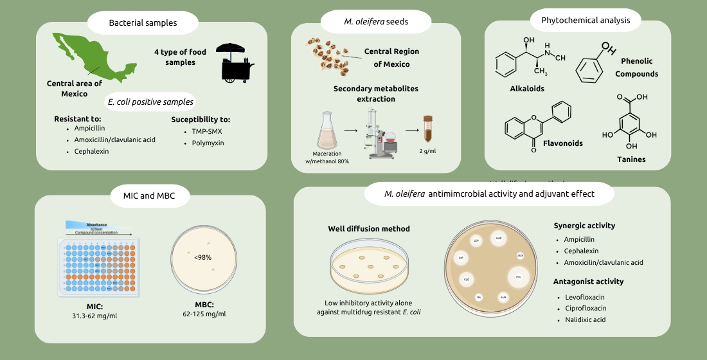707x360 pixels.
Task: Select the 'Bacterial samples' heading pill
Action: pyautogui.click(x=143, y=23)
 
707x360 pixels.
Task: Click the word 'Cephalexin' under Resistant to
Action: pyautogui.click(x=91, y=152)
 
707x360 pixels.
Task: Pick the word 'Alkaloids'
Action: pyautogui.click(x=526, y=88)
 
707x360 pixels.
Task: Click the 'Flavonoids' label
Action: pyautogui.click(x=562, y=143)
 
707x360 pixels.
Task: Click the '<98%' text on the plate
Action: pyautogui.click(x=203, y=257)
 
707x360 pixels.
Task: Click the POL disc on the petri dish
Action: pyautogui.click(x=519, y=278)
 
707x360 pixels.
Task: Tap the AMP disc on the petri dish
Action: pyautogui.click(x=499, y=238)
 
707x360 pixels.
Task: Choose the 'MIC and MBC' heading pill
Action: pyautogui.click(x=148, y=195)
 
